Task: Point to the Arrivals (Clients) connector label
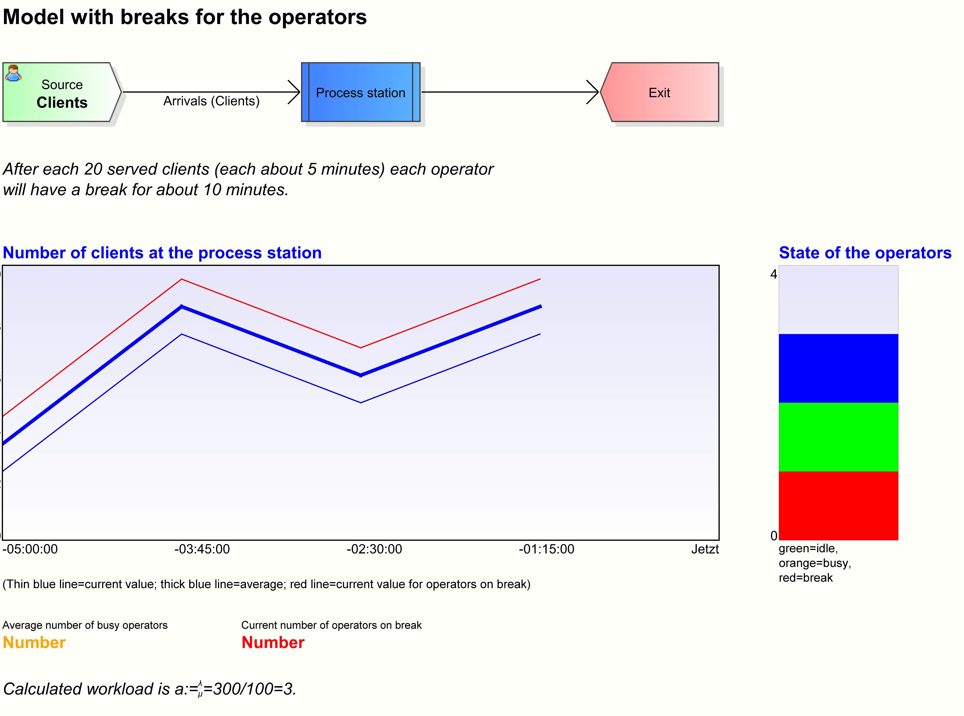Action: [211, 101]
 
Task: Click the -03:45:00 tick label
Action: [202, 549]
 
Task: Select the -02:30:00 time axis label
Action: [374, 549]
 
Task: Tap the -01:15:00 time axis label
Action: [546, 549]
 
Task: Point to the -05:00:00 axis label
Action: [30, 549]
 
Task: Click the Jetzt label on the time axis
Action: [705, 549]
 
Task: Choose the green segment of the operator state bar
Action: [838, 437]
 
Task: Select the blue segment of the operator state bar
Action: [838, 368]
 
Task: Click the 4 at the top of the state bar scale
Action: [773, 274]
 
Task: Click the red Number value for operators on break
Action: [273, 642]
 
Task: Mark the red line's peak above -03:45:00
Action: [182, 279]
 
